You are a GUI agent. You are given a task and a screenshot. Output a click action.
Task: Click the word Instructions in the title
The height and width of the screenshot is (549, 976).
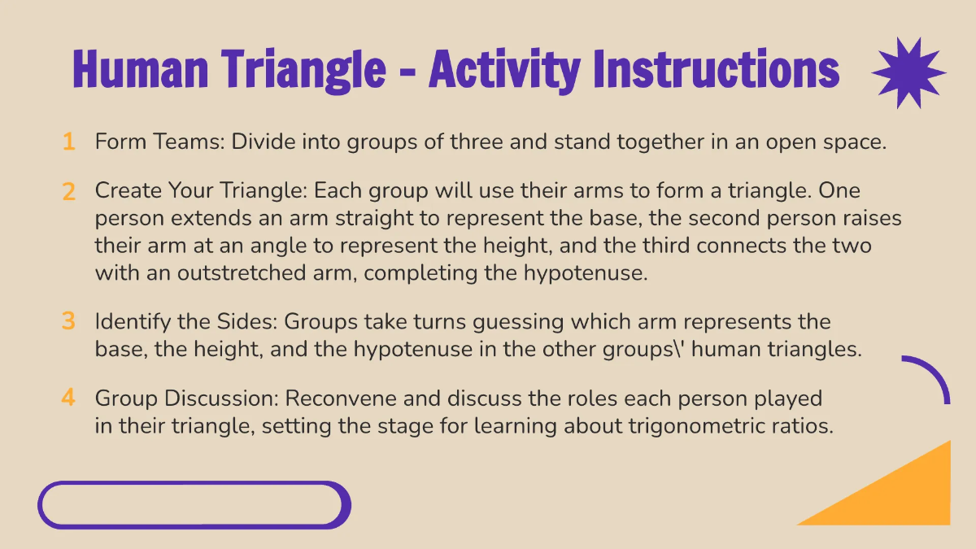[x=716, y=69]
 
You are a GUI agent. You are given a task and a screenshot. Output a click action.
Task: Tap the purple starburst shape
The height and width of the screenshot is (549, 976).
[x=908, y=72]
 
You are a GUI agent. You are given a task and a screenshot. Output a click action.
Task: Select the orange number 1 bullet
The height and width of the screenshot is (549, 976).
[x=68, y=142]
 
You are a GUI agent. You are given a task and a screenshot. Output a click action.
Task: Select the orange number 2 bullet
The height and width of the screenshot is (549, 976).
[x=68, y=192]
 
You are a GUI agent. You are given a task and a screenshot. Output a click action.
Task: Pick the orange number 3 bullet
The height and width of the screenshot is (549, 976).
[x=68, y=321]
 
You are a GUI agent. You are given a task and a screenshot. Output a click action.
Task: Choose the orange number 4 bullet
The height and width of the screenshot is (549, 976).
[x=68, y=398]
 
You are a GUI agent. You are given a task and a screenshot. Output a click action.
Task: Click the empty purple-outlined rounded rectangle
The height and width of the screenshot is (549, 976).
[x=194, y=505]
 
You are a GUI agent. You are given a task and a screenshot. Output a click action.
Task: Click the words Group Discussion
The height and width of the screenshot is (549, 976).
[x=186, y=399]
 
